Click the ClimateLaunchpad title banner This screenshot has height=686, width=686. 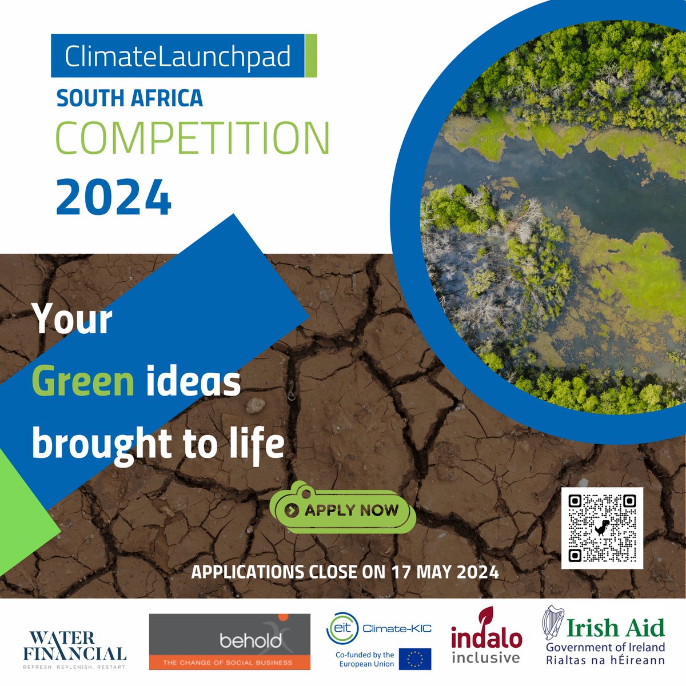click(x=177, y=56)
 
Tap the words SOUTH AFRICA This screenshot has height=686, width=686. click(x=130, y=98)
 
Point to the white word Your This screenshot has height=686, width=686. click(x=73, y=319)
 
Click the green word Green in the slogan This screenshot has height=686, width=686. click(x=83, y=382)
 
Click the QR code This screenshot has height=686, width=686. click(x=602, y=528)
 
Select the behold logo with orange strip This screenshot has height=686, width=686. click(x=229, y=641)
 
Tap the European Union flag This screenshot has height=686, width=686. click(x=415, y=659)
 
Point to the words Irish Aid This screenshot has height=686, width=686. click(x=616, y=628)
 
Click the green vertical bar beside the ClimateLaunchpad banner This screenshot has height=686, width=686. click(x=311, y=56)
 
